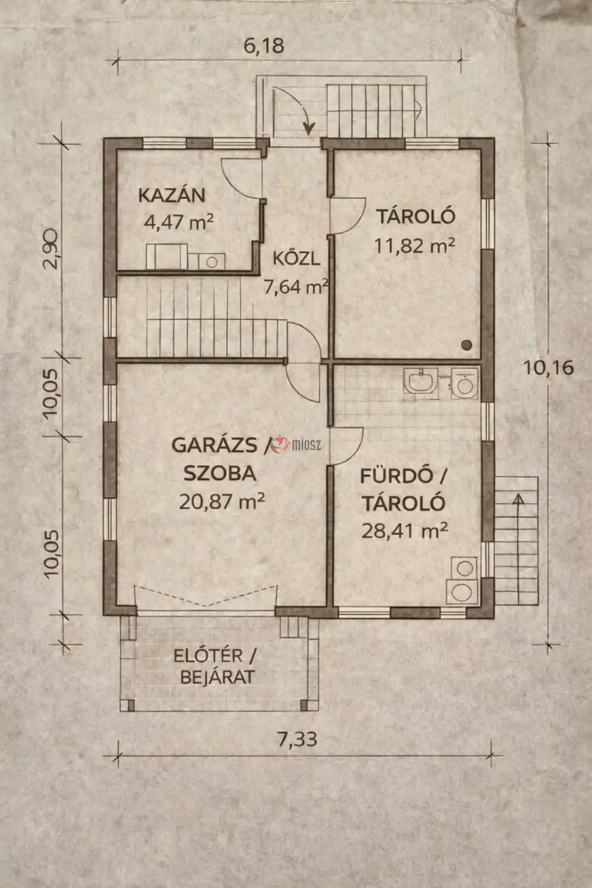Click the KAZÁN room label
172,195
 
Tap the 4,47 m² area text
178,223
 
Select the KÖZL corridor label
296,258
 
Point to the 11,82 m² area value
414,244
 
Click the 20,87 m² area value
221,501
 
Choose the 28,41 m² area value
404,530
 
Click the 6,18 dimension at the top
264,46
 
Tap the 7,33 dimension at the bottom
297,739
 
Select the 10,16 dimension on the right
548,368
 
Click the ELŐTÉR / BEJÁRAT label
215,666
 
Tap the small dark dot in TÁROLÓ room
466,344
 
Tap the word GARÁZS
214,445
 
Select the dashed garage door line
206,597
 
